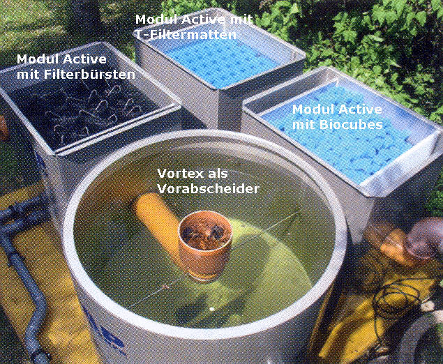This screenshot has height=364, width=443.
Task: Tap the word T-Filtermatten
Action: click(186, 35)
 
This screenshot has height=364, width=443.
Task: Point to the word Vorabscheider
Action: click(208, 188)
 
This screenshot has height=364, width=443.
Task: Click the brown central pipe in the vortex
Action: click(205, 245)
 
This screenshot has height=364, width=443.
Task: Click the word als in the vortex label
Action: click(217, 173)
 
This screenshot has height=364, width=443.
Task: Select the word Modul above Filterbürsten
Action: click(37, 59)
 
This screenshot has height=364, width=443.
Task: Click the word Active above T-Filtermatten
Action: click(204, 20)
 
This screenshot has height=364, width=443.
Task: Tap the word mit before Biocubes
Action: click(304, 125)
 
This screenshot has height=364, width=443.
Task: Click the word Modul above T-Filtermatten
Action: click(156, 20)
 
